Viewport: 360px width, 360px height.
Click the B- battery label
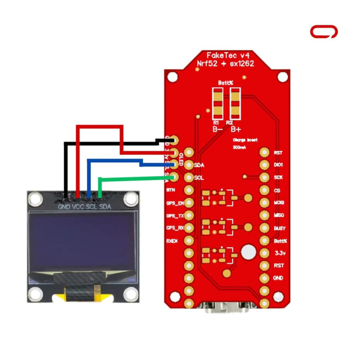click(x=218, y=129)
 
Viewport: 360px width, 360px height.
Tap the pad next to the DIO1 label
click(x=265, y=165)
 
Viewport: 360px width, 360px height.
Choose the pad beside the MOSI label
click(x=265, y=203)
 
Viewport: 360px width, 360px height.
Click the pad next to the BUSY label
click(x=265, y=228)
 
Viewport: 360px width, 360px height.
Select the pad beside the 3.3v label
click(x=265, y=254)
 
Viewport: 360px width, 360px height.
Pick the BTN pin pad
click(x=189, y=190)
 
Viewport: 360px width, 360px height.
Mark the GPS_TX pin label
click(x=174, y=215)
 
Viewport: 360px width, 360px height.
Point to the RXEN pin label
click(x=174, y=241)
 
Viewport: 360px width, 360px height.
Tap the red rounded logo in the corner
click(x=323, y=32)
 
